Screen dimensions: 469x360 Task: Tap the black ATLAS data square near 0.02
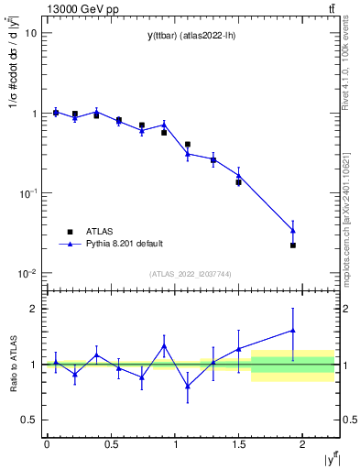293,245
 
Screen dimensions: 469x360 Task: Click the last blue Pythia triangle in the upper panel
293,230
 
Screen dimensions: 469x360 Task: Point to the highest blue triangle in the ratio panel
293,330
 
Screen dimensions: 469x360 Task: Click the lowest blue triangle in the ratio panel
188,386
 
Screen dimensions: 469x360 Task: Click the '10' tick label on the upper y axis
29,33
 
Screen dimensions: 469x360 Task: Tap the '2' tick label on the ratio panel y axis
32,309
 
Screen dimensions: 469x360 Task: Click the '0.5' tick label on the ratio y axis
27,420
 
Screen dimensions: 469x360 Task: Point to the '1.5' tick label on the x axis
239,443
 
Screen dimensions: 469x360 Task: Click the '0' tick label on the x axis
47,443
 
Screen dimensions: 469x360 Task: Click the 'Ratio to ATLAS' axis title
12,365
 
